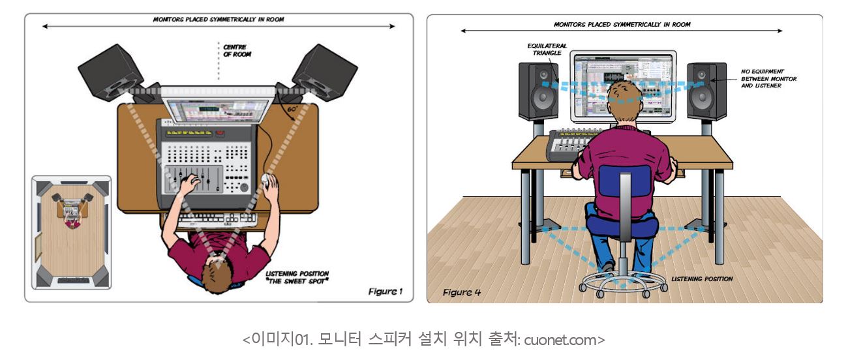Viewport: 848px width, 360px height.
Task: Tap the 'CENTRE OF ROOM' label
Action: click(x=237, y=51)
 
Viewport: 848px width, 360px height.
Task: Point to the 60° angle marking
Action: click(x=292, y=109)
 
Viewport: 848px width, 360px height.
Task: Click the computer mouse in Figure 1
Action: click(x=267, y=180)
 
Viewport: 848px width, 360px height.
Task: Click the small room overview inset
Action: click(x=72, y=232)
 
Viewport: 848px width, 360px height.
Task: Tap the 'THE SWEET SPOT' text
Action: click(x=297, y=281)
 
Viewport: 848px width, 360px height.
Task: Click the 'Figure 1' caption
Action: click(x=385, y=292)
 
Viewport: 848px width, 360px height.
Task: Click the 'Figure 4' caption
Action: click(x=461, y=292)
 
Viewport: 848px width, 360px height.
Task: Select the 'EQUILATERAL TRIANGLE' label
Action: click(x=547, y=50)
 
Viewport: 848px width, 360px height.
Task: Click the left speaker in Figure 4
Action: click(x=538, y=91)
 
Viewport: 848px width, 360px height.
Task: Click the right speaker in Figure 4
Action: click(x=707, y=91)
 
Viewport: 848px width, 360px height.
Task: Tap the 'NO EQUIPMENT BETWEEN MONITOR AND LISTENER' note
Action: click(x=768, y=79)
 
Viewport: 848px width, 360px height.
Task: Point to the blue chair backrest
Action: click(x=625, y=181)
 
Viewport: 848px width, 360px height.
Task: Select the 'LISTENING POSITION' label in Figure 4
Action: click(x=702, y=279)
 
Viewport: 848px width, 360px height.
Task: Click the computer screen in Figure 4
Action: click(x=623, y=86)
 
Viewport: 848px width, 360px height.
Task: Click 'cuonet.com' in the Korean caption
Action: click(x=560, y=340)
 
